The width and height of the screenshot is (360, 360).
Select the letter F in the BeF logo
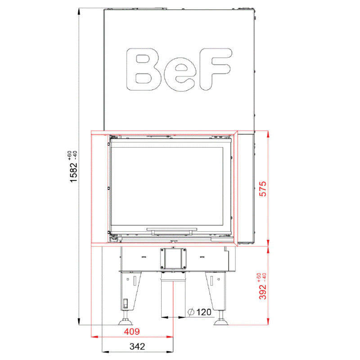pos(215,69)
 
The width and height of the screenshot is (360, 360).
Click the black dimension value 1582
pos(74,172)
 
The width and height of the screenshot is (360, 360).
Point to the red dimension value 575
pos(263,189)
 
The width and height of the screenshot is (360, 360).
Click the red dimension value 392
pos(263,292)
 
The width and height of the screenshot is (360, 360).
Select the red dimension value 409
pos(132,332)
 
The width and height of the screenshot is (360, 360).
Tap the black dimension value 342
pos(137,346)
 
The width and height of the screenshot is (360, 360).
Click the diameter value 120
pos(204,312)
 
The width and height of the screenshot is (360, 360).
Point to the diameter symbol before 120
pos(191,312)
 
